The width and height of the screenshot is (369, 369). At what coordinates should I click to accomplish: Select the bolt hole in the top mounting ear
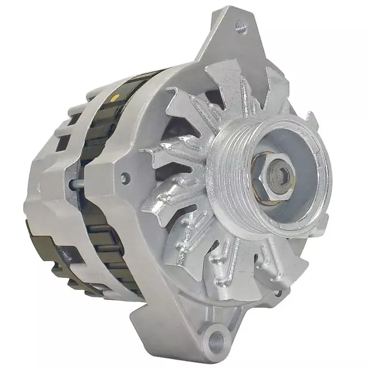241,25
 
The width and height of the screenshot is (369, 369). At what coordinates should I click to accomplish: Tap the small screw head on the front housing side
123,179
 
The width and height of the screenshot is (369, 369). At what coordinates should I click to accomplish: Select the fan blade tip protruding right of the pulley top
312,122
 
